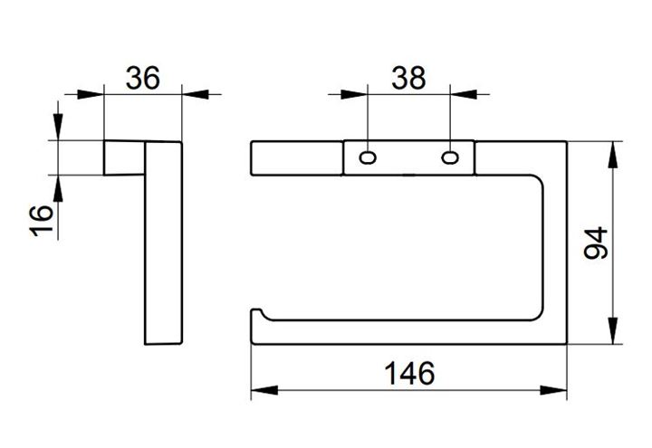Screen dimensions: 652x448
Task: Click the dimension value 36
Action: click(x=143, y=78)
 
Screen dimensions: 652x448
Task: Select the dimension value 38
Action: click(x=408, y=78)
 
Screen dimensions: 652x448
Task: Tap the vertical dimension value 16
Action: click(x=42, y=221)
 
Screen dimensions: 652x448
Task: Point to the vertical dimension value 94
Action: click(x=596, y=243)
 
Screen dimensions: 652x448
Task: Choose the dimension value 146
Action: click(x=409, y=373)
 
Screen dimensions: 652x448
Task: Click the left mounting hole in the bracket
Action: click(x=368, y=157)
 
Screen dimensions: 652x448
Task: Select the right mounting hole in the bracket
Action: click(x=450, y=157)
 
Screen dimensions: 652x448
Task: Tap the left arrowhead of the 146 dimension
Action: click(x=264, y=390)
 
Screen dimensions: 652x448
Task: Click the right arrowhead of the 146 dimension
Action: click(x=553, y=390)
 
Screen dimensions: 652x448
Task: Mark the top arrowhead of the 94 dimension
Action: click(x=612, y=155)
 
